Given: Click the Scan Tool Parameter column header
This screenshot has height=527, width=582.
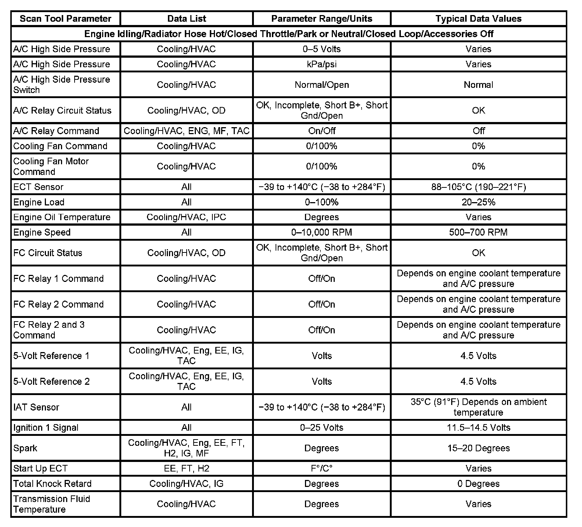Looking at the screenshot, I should click(x=65, y=19).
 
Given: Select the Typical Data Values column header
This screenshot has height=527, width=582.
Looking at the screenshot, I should click(x=478, y=19).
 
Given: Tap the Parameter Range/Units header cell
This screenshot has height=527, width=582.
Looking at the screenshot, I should click(x=321, y=19).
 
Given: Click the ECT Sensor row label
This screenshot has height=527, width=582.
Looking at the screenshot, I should click(x=38, y=187).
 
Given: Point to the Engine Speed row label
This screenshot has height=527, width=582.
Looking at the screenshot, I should click(x=42, y=232).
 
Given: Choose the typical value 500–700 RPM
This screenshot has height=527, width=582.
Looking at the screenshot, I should click(x=478, y=232).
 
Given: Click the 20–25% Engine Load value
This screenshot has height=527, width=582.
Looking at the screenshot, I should click(x=478, y=202).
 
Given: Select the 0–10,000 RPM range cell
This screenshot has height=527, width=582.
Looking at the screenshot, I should click(x=321, y=232).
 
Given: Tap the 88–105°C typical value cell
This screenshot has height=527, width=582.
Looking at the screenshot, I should click(x=478, y=187).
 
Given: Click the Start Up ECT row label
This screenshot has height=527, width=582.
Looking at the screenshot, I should click(x=40, y=469).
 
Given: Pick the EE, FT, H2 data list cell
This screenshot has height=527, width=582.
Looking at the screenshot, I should click(x=186, y=469).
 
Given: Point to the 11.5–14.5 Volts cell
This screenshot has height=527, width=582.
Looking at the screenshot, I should click(x=478, y=427).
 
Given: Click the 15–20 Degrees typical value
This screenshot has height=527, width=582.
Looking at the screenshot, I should click(x=478, y=448).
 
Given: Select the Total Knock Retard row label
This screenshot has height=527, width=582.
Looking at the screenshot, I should click(x=52, y=484).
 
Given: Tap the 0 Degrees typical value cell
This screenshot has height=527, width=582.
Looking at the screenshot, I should click(x=478, y=484).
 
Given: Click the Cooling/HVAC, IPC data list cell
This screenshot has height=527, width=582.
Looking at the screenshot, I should click(x=186, y=217).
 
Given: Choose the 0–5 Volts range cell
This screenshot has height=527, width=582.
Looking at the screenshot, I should click(x=321, y=49).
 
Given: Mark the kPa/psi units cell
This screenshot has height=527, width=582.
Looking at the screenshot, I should click(x=321, y=64).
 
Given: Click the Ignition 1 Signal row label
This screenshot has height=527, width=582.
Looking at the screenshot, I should click(x=46, y=427).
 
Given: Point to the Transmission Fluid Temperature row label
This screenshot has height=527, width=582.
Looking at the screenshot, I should click(x=51, y=504).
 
